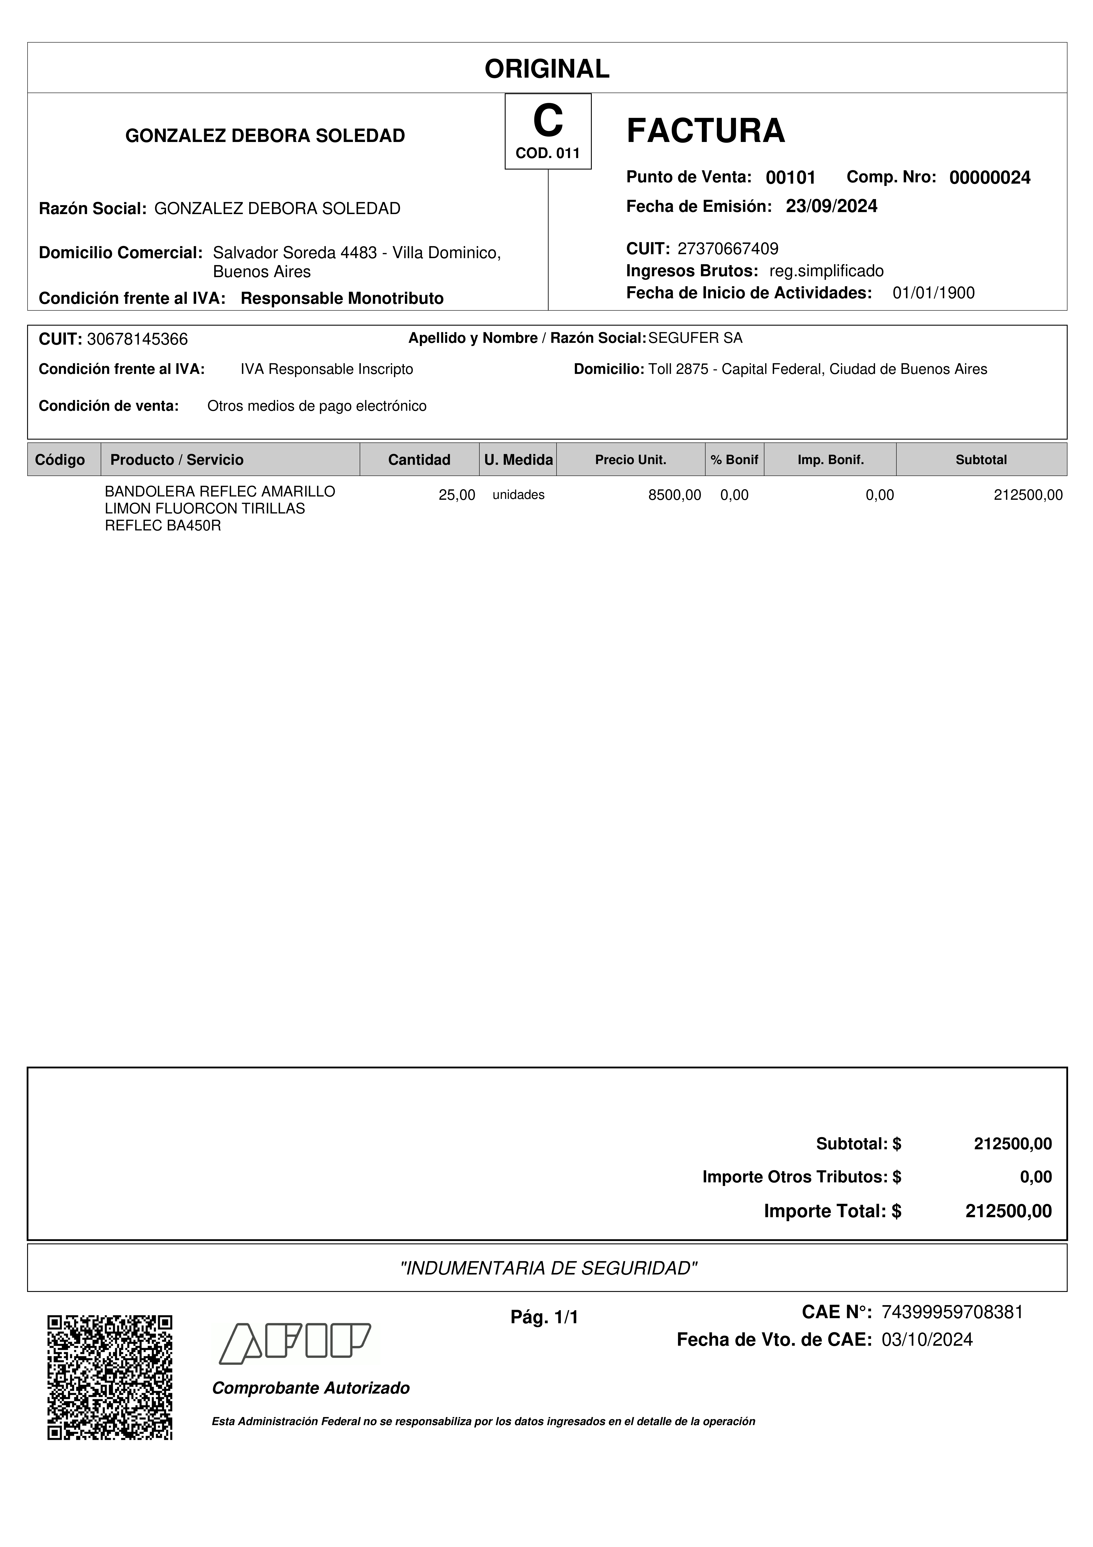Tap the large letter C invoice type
(547, 121)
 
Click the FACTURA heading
(705, 131)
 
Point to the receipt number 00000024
(989, 178)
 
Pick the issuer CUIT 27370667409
(727, 249)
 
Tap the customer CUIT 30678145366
(137, 339)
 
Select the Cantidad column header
(419, 459)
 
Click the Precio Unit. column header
(630, 459)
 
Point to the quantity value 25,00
(457, 495)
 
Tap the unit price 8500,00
(674, 495)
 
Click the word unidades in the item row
(519, 495)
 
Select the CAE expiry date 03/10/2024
(927, 1340)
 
